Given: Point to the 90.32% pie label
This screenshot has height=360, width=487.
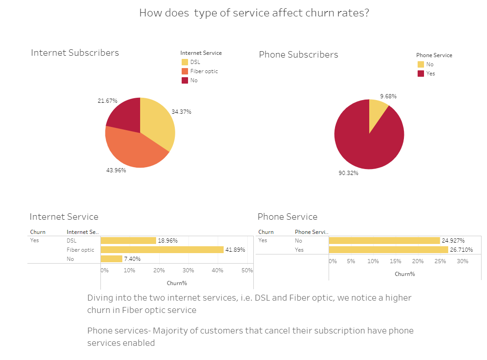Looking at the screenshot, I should pos(348,173).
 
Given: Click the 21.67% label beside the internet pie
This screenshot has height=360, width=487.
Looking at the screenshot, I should pos(107,101).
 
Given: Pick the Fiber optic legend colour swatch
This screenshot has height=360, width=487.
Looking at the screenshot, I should pos(184,71).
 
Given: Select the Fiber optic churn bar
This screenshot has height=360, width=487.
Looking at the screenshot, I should pos(162,250).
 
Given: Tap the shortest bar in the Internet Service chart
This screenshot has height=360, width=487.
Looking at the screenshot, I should pos(111,259).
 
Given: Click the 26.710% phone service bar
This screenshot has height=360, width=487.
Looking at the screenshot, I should pos(388,250).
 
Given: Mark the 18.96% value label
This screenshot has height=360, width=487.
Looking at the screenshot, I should pos(168,241).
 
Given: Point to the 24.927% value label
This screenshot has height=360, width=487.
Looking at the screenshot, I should pos(454,241).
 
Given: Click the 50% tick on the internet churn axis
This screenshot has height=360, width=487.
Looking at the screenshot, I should pos(247,270).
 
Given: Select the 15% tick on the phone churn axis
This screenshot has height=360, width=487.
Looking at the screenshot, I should pos(395,261).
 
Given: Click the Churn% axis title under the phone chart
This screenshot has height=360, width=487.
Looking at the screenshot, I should pos(405,274).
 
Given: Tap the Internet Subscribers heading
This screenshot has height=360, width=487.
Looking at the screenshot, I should pos(75,53).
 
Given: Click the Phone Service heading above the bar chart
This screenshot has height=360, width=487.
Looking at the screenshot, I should pos(287,217).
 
